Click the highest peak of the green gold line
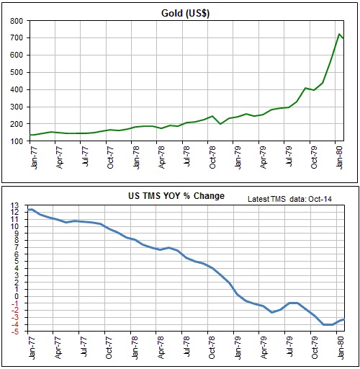(x=338, y=34)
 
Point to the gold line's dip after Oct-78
(x=220, y=124)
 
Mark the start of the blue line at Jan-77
(x=30, y=209)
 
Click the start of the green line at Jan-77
(x=30, y=135)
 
